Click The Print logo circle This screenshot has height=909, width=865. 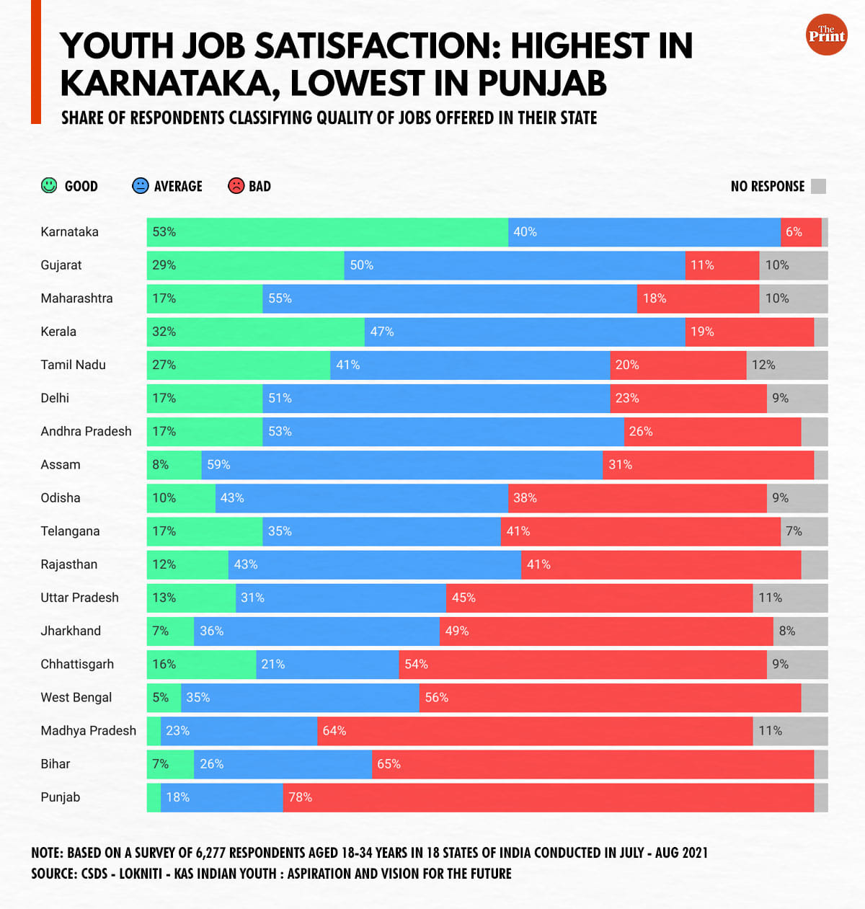(x=826, y=35)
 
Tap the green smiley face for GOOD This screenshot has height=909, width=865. (x=49, y=186)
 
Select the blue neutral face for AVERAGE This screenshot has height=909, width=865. (x=141, y=186)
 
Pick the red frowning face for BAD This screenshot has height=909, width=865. (x=236, y=186)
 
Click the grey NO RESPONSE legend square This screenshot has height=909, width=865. (x=818, y=187)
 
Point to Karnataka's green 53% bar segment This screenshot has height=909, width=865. (x=327, y=232)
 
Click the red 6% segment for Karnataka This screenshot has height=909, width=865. (x=801, y=232)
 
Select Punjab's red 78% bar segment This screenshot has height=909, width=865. (x=548, y=797)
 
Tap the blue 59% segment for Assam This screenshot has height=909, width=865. (x=402, y=465)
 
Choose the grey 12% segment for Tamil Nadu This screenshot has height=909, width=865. (x=786, y=365)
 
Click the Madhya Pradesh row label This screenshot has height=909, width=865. (x=88, y=731)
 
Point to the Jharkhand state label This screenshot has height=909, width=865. (x=71, y=631)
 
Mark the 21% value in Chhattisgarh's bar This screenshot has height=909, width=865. (x=273, y=664)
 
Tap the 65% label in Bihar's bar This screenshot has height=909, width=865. (x=389, y=764)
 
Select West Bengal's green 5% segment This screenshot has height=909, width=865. (x=164, y=698)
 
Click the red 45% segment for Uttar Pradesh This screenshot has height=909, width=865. (x=599, y=598)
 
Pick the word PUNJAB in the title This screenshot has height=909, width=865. (x=542, y=83)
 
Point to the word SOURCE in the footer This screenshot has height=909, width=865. (x=53, y=874)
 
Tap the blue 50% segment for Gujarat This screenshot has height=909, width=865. (x=515, y=265)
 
